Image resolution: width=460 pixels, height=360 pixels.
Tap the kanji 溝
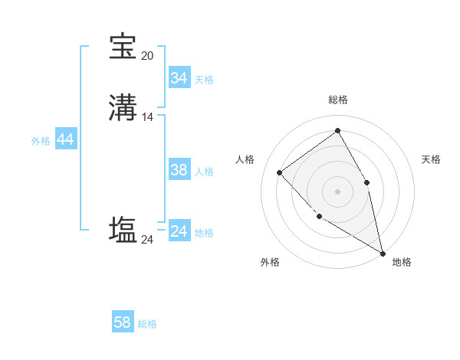tap(123, 107)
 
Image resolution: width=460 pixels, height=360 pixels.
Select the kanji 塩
tap(123, 230)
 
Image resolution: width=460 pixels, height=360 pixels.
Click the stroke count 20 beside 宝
tap(147, 55)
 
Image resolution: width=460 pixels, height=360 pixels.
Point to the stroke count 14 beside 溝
tap(147, 117)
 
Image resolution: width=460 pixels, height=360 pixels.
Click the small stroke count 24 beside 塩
tap(147, 240)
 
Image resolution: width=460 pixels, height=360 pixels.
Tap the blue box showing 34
tap(179, 78)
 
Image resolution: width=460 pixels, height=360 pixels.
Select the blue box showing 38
tap(179, 171)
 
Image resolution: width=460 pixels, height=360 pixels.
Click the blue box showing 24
tap(179, 232)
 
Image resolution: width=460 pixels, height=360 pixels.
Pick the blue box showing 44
tap(65, 140)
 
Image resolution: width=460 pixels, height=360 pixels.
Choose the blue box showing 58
tap(123, 323)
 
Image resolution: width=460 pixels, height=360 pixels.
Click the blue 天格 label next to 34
tap(204, 79)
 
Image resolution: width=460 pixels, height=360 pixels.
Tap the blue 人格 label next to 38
tap(204, 172)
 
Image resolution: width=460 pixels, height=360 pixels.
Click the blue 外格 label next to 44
tap(41, 141)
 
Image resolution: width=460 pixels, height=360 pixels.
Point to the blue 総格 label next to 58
tap(147, 324)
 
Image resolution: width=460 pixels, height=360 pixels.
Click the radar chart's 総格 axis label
tap(338, 100)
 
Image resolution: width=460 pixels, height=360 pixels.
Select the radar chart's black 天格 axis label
tap(431, 159)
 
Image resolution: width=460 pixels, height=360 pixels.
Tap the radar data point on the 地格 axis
tap(383, 254)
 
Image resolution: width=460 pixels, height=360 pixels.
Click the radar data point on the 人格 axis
tap(280, 172)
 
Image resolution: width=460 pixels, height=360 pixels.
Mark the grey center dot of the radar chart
tap(337, 191)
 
